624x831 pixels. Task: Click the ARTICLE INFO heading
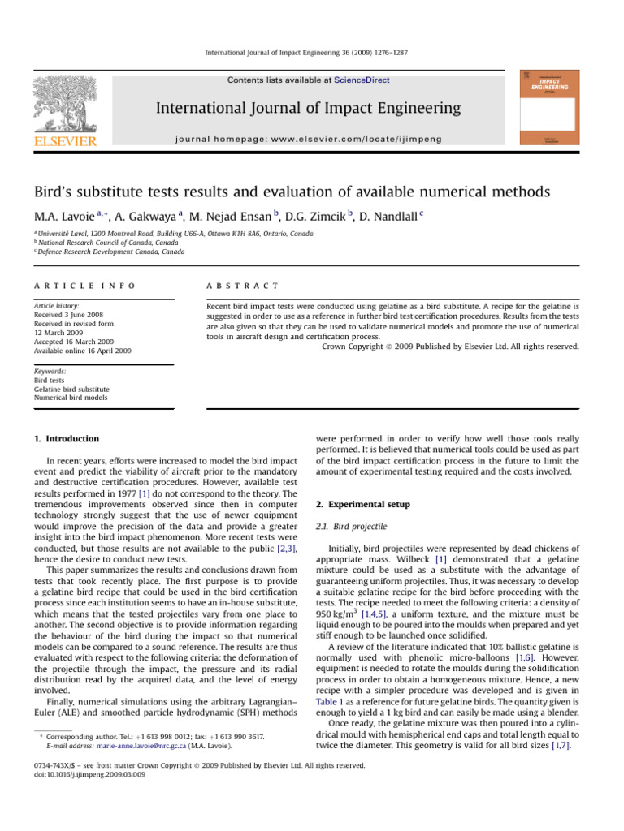[x=84, y=286]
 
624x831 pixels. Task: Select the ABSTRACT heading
[x=244, y=286]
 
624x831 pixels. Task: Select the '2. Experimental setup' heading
[x=365, y=504]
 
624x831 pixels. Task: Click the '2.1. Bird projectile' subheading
[x=351, y=527]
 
